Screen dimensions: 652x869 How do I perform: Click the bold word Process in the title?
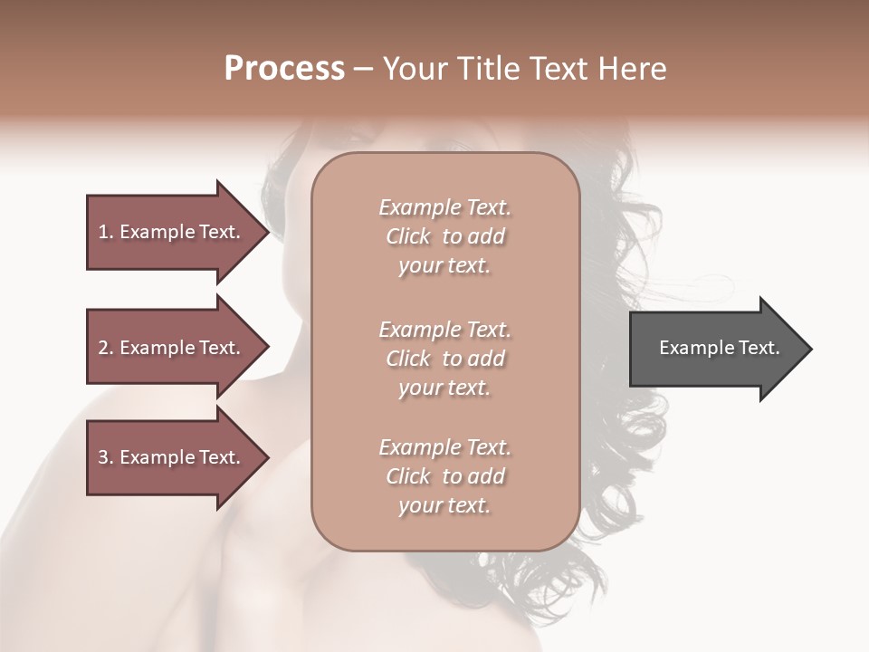pos(284,69)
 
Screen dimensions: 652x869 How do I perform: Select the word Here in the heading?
pos(634,69)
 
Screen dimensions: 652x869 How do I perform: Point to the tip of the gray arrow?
pos(810,348)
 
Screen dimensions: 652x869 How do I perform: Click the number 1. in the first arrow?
pos(105,232)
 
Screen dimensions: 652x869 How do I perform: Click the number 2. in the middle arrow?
pos(105,348)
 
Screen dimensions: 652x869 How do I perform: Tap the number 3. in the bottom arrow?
pos(105,457)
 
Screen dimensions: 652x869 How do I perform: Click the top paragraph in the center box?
pos(445,236)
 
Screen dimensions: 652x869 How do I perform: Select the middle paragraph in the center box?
pos(445,359)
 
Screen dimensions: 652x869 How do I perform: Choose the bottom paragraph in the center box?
pos(445,476)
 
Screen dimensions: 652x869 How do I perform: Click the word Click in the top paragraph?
pos(408,237)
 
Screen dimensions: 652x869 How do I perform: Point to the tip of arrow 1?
pos(267,232)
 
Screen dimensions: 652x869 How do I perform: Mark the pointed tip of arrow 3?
pos(267,457)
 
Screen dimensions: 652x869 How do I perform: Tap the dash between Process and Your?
pos(363,69)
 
